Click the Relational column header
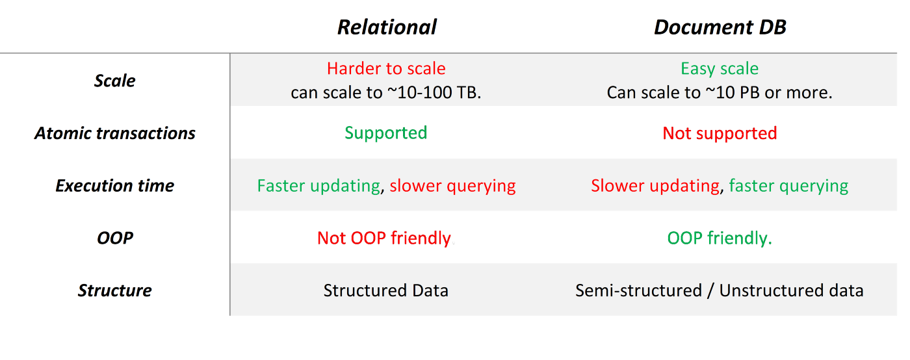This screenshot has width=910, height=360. [x=387, y=27]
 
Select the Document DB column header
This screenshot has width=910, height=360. [x=720, y=27]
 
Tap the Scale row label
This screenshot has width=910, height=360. [x=115, y=81]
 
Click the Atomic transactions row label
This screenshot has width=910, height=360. [x=115, y=133]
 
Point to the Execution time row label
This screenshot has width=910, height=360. [x=115, y=185]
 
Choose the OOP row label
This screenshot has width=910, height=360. [x=115, y=238]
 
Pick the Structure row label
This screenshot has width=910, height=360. [x=115, y=290]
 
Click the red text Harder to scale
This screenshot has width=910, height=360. [x=386, y=68]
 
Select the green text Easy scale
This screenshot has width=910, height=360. [x=720, y=69]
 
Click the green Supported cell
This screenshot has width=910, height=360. [x=386, y=133]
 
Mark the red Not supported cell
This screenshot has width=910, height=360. [x=720, y=133]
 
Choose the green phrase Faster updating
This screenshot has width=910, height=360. [x=319, y=186]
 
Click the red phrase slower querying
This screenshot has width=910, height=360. [x=452, y=186]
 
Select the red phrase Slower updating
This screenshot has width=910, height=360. [x=655, y=186]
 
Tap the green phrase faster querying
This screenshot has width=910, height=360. [x=788, y=186]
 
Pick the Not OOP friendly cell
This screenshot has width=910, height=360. [x=384, y=238]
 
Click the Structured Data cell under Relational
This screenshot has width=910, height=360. [x=386, y=290]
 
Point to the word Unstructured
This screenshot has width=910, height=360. [x=772, y=290]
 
